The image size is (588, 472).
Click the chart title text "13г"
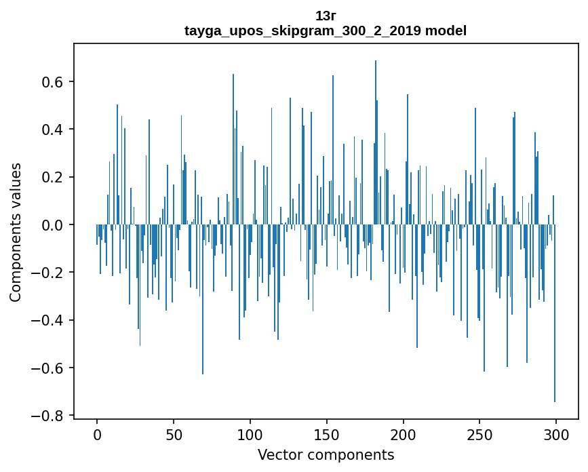326,16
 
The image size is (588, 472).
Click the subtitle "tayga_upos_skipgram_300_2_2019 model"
326,31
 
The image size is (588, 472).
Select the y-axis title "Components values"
15,232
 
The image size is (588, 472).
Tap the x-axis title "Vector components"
326,454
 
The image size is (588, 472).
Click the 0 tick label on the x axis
97,433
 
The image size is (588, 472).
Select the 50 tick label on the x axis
174,433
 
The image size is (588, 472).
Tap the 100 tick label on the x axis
250,433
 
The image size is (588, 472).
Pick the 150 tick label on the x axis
326,433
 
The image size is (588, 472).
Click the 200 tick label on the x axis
403,433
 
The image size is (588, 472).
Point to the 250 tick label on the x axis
479,433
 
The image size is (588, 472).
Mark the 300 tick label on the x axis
556,433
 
